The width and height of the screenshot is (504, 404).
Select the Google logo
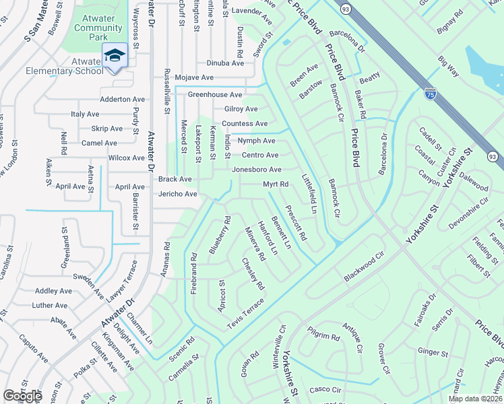22,396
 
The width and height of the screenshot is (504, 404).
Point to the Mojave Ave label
195,78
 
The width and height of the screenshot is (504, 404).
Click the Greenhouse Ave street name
215,95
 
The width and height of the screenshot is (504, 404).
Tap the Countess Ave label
245,124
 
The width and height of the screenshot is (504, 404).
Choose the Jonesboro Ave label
257,170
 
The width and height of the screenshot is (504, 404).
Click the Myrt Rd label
276,184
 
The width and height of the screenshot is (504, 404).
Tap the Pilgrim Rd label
325,336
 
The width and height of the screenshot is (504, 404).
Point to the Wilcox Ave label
127,158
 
